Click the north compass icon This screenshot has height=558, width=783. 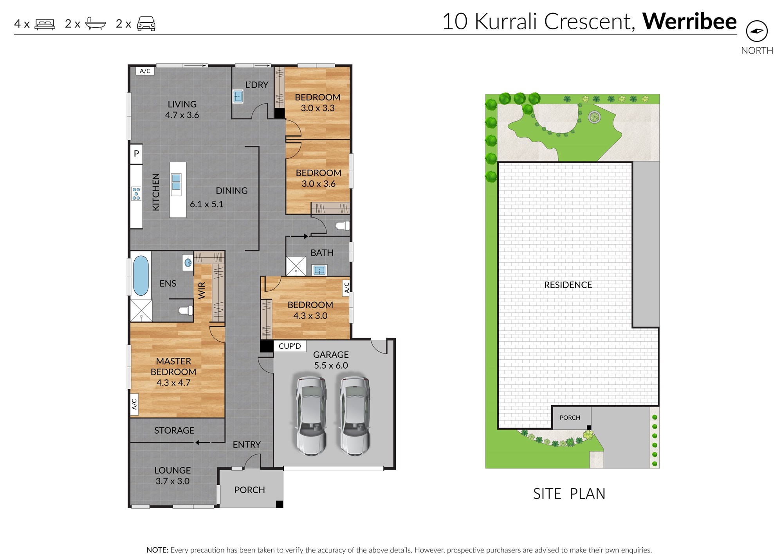[x=757, y=31]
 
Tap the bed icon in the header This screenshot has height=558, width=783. [x=45, y=24]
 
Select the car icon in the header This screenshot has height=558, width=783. [x=146, y=24]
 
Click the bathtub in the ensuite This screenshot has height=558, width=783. [x=141, y=275]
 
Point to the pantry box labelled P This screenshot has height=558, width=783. [x=136, y=154]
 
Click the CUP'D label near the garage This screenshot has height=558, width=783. [x=290, y=346]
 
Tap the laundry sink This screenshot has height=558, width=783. [x=238, y=96]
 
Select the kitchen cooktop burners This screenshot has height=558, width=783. [x=136, y=194]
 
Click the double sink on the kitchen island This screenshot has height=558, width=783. [x=176, y=182]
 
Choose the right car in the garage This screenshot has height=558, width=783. [x=355, y=416]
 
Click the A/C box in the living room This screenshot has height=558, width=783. [x=145, y=71]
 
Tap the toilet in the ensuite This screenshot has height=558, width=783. [x=186, y=310]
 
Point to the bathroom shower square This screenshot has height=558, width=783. [x=296, y=266]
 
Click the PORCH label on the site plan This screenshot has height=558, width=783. [x=570, y=418]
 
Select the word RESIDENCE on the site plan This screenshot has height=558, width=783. [x=568, y=285]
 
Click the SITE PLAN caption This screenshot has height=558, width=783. [x=569, y=494]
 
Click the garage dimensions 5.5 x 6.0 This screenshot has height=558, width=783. [x=331, y=366]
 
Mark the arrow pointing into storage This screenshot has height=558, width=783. [x=203, y=443]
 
